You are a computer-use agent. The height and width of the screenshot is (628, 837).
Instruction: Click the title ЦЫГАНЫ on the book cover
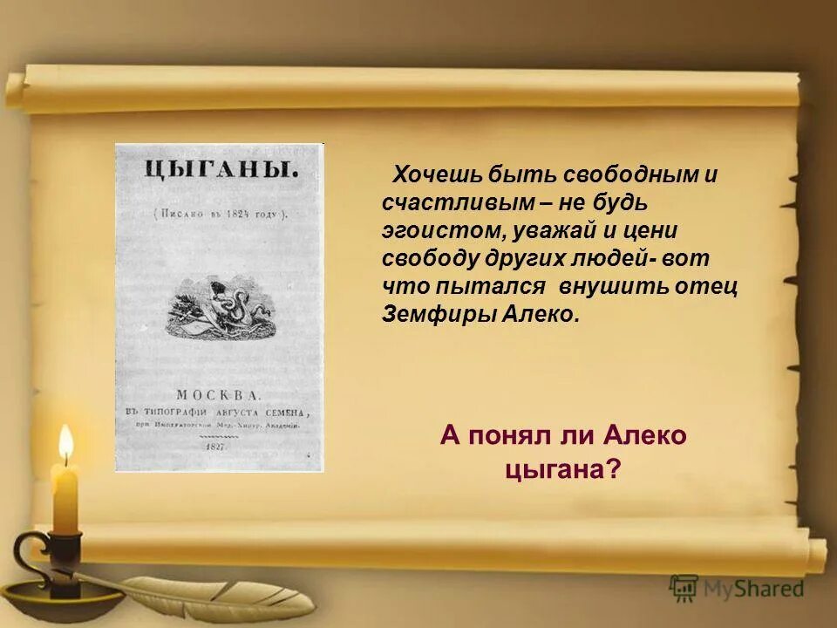[220, 170]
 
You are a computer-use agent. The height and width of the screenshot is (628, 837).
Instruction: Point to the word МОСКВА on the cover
[219, 392]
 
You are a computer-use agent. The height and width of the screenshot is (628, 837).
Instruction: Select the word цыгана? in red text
[563, 468]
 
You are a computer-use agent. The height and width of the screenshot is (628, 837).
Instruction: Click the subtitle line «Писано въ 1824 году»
[220, 213]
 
